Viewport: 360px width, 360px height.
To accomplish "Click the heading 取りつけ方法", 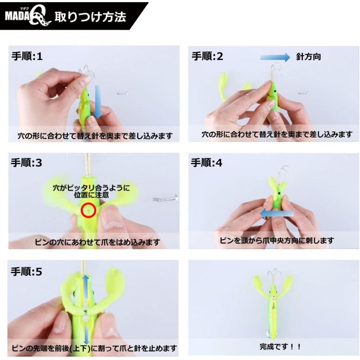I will click(x=90, y=17).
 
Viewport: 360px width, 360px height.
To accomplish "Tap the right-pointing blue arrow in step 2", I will click(x=275, y=57).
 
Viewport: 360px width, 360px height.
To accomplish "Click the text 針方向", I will click(x=309, y=57).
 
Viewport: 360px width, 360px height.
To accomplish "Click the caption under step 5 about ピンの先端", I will click(x=94, y=348).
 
